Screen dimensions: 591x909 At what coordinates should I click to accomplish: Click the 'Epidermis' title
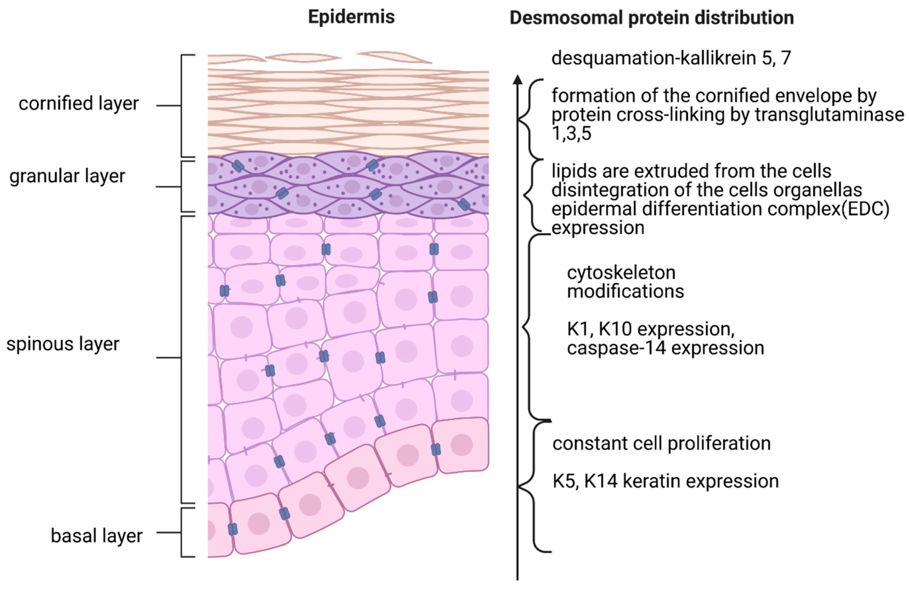[351, 17]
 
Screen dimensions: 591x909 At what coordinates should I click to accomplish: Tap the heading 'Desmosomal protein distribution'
[652, 18]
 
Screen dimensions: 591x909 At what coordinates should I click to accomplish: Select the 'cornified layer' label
[79, 103]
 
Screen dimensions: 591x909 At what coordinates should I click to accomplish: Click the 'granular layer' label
[67, 176]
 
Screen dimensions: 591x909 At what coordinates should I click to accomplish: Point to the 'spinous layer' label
[63, 344]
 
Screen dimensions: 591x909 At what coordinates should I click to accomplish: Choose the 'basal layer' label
[97, 536]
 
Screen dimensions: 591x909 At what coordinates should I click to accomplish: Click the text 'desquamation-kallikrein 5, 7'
[671, 58]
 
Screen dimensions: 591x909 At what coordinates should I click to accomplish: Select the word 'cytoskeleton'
[621, 273]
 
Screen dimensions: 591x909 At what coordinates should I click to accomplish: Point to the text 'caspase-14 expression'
[665, 348]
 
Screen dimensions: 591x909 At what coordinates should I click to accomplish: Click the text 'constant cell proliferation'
[661, 444]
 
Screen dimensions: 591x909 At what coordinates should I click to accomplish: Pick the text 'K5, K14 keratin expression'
[665, 481]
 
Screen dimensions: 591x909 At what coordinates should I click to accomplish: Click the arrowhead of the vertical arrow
[517, 79]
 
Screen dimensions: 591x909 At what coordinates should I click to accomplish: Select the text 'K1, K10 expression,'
[650, 329]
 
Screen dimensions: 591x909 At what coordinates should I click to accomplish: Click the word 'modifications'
[625, 292]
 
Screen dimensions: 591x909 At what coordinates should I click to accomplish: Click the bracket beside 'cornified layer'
[182, 106]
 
